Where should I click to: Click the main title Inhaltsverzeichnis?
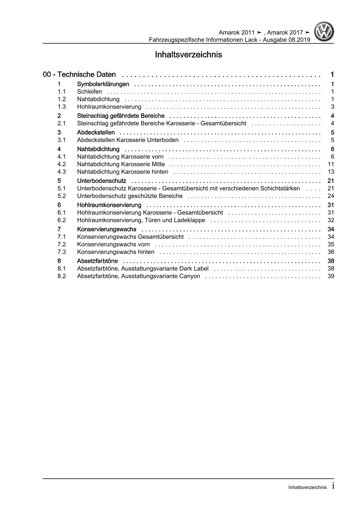point(188,55)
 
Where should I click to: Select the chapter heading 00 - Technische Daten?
point(79,75)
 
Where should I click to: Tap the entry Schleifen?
point(89,92)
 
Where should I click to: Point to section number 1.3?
point(62,107)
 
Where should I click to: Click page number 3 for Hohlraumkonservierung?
point(332,107)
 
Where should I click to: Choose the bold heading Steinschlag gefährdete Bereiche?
point(121,116)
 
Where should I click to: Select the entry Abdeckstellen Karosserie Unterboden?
point(128,140)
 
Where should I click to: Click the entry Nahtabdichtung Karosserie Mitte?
point(121,164)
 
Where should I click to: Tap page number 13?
point(331,172)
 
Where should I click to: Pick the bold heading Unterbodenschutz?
point(102,181)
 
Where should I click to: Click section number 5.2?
point(62,196)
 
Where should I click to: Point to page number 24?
point(331,196)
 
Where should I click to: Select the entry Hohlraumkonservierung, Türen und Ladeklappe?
point(141,220)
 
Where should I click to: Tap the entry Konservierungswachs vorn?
point(113,244)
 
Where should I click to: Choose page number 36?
point(331,252)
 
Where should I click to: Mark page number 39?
point(331,276)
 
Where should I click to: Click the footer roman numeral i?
point(333,486)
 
